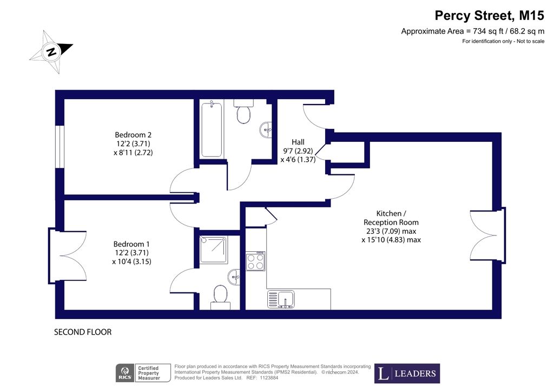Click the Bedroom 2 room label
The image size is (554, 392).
coord(133,135)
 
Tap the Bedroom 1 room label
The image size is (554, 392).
coord(131,244)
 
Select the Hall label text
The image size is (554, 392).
coord(298,142)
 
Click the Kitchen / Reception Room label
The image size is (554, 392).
coord(391,218)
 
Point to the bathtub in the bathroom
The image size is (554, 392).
coord(212,130)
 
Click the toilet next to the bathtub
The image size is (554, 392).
coord(243,111)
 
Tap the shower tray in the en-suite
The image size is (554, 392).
coord(213,250)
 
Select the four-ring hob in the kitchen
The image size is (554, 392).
coord(255,261)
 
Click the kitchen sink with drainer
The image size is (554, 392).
coord(281,299)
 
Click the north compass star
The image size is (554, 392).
coord(51,52)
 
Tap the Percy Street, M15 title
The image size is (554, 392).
coord(489,16)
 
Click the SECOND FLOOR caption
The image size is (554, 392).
coord(83,332)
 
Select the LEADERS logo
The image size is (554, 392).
coord(407,373)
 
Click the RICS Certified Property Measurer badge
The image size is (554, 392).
coord(143,373)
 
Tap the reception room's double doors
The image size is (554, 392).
coord(487,236)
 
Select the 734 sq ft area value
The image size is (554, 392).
coord(488,31)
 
